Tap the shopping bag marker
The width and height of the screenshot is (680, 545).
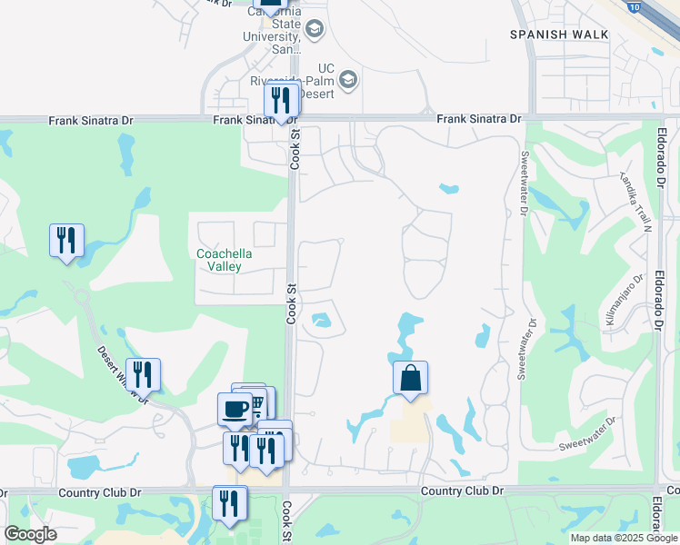410,377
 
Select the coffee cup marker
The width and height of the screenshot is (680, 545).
235,409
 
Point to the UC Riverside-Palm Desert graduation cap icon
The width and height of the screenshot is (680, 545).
348,82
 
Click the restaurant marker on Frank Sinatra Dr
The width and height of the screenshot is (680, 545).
281,101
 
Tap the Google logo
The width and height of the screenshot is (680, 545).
30,534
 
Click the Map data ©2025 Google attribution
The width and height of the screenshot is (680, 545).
624,538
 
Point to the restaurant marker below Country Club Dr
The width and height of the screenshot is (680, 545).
230,503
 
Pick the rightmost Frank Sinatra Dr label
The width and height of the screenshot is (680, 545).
478,119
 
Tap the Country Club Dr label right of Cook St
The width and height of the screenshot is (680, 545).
462,490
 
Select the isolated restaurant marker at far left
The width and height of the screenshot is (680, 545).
66,241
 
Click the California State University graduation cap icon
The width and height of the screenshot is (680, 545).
315,29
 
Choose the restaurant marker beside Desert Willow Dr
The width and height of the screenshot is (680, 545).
143,374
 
